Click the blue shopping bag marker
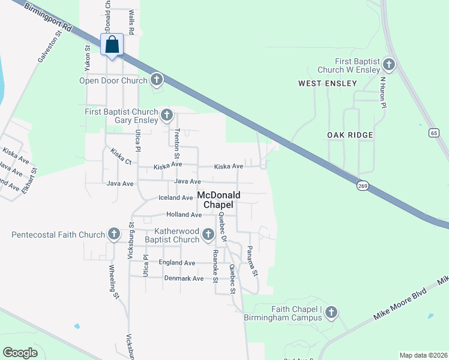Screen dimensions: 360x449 coord(112,45)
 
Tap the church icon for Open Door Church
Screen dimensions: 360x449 coord(157,79)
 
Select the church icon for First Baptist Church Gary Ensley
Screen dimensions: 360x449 coord(167,114)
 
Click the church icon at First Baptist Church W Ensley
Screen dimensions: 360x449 coord(388,64)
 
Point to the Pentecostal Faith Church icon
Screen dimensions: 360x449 coord(114,233)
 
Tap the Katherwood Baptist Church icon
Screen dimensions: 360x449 coord(208,234)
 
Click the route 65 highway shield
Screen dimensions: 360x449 coord(433,133)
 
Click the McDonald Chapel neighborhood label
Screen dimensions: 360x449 coord(219,200)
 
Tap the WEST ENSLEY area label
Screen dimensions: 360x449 coord(327,83)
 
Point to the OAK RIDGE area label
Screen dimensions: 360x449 coord(351,135)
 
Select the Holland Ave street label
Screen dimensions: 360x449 coord(184,214)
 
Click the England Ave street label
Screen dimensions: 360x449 coord(177,263)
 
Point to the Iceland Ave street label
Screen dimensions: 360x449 coord(175,197)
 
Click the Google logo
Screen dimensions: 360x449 coord(20,352)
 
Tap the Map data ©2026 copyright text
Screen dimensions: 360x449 coord(423,355)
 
